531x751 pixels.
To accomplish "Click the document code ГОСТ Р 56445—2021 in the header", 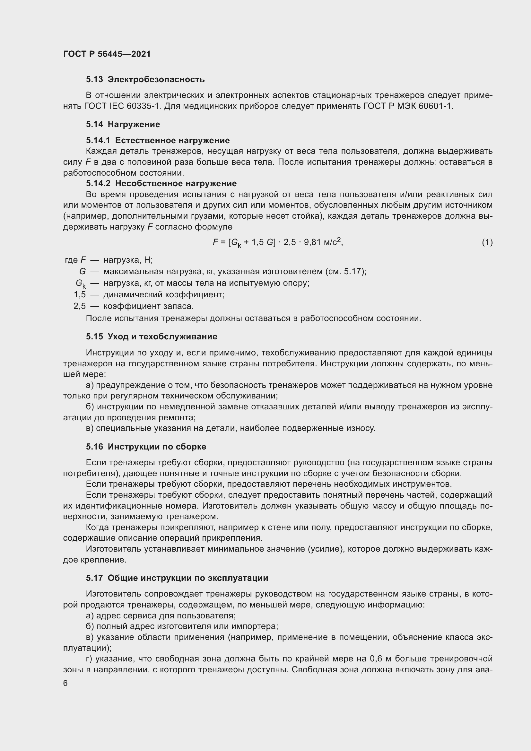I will [x=107, y=54].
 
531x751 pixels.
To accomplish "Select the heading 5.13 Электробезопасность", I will [x=145, y=80].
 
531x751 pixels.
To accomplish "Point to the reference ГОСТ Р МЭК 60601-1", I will [x=408, y=106].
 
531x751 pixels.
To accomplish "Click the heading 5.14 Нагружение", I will [x=123, y=124].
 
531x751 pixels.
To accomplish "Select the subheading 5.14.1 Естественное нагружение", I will [x=158, y=140].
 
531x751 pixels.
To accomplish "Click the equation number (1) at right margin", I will [x=487, y=242].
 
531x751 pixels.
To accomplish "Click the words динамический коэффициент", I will [x=164, y=295].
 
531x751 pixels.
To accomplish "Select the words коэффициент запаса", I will [x=148, y=306].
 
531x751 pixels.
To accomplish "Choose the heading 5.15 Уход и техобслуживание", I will [x=152, y=336].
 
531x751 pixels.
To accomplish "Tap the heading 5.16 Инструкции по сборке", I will [x=146, y=447].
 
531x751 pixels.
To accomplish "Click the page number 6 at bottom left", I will [x=65, y=683].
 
